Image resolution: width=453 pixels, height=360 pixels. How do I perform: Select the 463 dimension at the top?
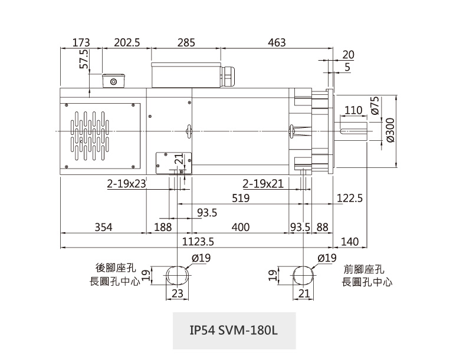(x=276, y=43)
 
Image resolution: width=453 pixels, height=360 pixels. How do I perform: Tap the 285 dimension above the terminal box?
(x=186, y=43)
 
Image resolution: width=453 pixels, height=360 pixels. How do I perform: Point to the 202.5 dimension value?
(x=127, y=43)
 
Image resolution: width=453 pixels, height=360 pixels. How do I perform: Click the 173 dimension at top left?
(x=81, y=43)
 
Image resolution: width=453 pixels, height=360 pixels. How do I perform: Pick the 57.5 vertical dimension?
(x=84, y=60)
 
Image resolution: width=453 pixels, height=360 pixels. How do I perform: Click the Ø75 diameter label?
(x=375, y=105)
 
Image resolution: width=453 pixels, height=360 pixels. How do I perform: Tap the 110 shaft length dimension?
(x=353, y=111)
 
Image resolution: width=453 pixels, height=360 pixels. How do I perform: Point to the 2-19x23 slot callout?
(x=126, y=184)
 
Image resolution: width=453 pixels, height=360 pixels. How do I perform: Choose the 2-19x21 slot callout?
(x=263, y=184)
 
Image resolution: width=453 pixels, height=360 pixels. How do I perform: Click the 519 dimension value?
(x=241, y=199)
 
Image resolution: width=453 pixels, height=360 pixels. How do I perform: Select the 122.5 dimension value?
(x=349, y=199)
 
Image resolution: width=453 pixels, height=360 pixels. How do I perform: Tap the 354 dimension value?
(x=103, y=227)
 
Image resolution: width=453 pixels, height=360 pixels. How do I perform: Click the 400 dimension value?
(x=241, y=227)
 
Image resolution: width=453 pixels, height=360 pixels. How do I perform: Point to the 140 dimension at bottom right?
(x=350, y=242)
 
